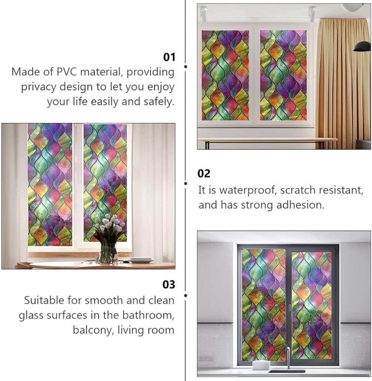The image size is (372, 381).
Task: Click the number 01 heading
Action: (169, 57)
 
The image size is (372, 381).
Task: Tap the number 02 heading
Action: (204, 173)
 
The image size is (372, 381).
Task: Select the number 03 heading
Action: (169, 285)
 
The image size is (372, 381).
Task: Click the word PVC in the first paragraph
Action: (67, 72)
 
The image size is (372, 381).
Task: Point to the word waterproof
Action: (248, 190)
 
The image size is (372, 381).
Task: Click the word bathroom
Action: (148, 315)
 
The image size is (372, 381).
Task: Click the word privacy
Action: (38, 87)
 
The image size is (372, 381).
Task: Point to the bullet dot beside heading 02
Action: (186, 184)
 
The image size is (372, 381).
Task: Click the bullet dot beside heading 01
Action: (186, 66)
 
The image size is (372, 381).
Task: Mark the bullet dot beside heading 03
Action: (186, 296)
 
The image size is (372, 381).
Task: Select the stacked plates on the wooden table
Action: (141, 260)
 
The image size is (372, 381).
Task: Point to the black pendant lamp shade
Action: (362, 46)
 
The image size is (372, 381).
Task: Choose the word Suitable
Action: (44, 300)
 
